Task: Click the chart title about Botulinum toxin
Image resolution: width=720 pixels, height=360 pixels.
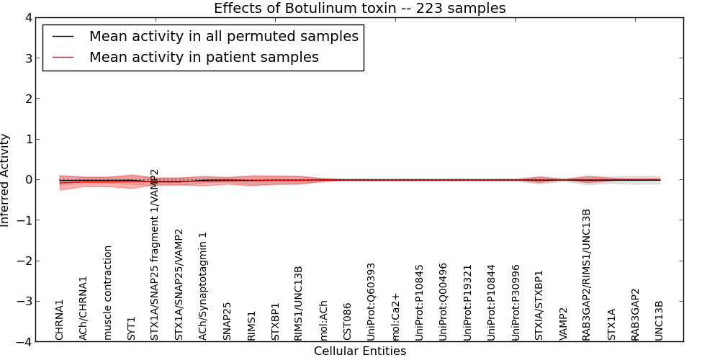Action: [x=359, y=9]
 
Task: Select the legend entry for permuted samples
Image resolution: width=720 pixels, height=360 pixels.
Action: [x=223, y=36]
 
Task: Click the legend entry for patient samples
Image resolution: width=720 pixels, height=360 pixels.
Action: [x=204, y=57]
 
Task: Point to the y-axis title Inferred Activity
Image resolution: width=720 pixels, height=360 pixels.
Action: [x=6, y=179]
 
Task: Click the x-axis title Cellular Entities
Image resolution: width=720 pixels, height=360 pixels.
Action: [x=359, y=351]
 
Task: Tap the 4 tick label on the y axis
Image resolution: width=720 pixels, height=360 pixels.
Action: [x=28, y=17]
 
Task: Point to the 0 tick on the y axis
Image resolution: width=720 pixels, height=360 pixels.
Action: [x=28, y=179]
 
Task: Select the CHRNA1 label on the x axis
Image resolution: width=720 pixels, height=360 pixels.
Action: [x=60, y=320]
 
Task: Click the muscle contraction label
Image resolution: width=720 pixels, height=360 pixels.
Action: [x=108, y=292]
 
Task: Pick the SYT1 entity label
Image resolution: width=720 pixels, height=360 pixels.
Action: [x=132, y=328]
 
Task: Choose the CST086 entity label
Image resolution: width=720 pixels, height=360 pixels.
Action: [x=348, y=321]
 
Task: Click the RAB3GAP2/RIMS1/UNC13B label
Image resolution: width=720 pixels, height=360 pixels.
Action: [x=587, y=274]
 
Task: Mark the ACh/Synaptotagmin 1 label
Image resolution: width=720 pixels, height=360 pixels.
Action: [x=204, y=286]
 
